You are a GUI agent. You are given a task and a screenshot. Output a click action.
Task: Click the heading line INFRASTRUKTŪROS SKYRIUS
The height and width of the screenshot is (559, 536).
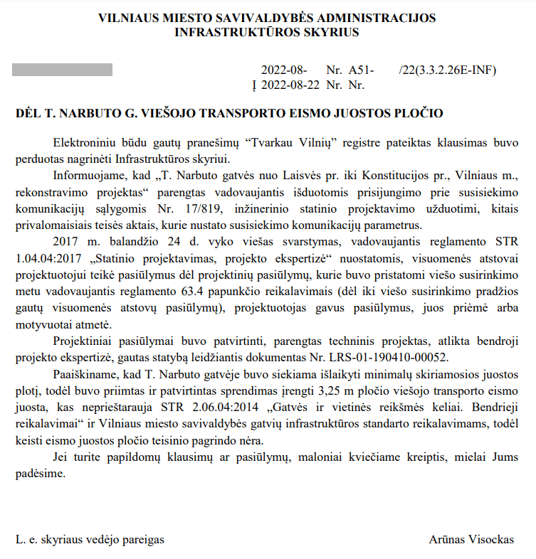[x=267, y=32]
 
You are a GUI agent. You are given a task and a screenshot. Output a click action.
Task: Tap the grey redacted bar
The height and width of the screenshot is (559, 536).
[x=63, y=70]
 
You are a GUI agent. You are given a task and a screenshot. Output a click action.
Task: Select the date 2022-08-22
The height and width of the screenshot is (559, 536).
[x=290, y=85]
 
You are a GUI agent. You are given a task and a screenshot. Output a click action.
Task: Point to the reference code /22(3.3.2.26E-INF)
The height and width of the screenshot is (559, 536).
[x=448, y=70]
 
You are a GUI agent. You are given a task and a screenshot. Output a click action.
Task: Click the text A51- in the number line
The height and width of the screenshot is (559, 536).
[x=361, y=70]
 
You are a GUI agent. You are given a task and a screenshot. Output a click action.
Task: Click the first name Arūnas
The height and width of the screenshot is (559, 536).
[x=447, y=540]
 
